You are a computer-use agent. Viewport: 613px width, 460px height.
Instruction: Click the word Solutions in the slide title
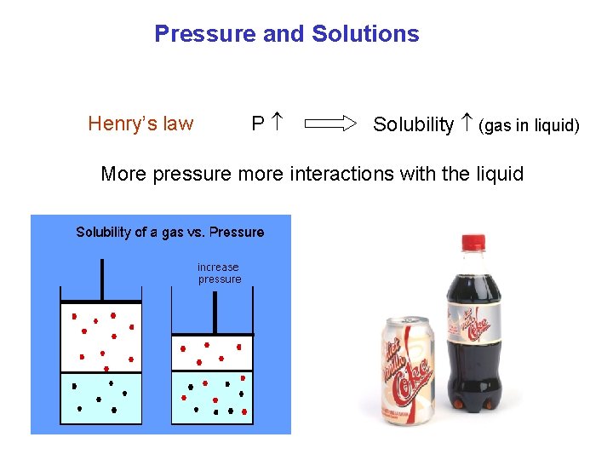click(365, 34)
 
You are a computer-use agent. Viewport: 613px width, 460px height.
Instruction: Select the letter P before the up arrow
click(257, 124)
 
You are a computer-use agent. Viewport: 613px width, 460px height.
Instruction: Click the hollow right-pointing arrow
click(330, 124)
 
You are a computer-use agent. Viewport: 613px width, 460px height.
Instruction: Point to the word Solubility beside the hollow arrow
click(413, 124)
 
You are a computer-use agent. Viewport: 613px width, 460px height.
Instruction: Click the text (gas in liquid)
click(529, 126)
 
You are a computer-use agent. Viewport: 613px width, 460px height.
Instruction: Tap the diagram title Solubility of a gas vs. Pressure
click(170, 232)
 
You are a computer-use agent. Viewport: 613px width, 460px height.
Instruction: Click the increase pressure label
click(219, 273)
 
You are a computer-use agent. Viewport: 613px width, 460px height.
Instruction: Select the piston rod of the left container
click(102, 279)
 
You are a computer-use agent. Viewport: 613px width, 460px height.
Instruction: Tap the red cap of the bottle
click(473, 242)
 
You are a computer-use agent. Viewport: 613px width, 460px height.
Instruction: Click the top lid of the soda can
click(406, 321)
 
